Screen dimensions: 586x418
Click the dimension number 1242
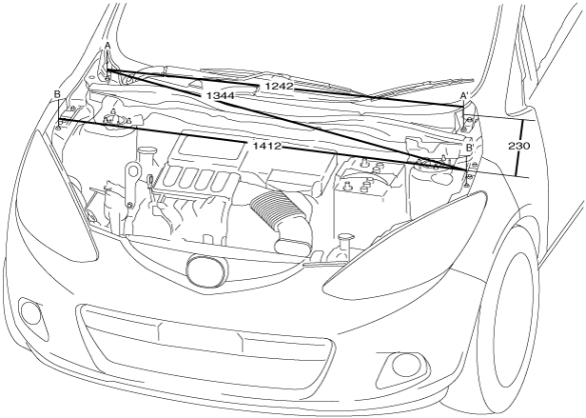coord(283,87)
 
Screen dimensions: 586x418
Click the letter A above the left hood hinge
coord(107,46)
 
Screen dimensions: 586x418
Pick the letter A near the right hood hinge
coord(463,96)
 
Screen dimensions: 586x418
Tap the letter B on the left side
coord(58,94)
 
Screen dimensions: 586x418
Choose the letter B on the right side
coord(470,148)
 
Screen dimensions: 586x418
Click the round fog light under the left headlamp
coord(33,312)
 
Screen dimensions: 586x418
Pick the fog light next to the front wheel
coord(398,368)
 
